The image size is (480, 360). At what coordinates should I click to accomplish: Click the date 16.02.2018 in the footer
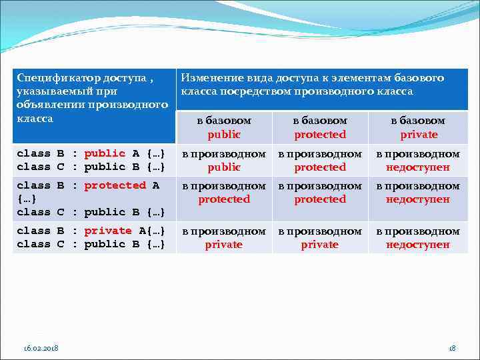tap(40, 348)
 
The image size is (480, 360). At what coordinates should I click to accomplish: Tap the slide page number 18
tap(452, 348)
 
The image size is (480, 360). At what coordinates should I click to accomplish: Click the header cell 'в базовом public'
tap(224, 127)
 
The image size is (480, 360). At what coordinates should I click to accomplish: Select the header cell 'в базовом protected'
tap(320, 127)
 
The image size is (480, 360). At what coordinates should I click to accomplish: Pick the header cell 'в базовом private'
tap(419, 127)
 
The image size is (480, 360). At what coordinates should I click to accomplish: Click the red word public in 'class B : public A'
tap(105, 153)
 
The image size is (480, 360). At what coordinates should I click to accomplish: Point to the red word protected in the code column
tap(115, 185)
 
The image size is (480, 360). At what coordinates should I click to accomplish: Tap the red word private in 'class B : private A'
tap(108, 231)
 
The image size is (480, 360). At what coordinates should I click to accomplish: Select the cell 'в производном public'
tap(224, 160)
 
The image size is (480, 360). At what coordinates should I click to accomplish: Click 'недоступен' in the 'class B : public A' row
tap(418, 167)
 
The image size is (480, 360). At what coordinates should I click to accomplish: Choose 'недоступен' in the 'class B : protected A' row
tap(418, 199)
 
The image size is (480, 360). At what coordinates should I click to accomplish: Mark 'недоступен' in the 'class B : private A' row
tap(418, 244)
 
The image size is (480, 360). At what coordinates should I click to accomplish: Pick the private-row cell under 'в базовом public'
tap(224, 237)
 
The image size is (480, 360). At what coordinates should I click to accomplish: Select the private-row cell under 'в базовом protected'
tap(320, 237)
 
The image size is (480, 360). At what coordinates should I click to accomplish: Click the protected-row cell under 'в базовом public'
tap(224, 192)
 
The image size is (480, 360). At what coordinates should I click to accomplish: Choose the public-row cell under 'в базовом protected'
tap(320, 160)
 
